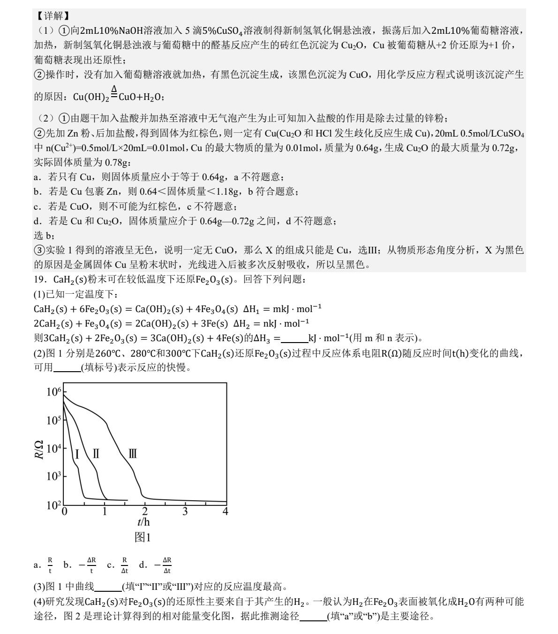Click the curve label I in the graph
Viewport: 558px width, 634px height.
coord(77,454)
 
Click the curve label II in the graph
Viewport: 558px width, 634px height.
coord(96,454)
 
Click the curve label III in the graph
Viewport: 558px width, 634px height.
coord(133,454)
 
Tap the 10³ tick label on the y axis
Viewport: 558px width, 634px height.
coord(54,476)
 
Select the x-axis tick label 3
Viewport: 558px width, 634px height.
coord(185,512)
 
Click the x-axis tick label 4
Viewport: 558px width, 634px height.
coord(225,512)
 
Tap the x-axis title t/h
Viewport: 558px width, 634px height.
coord(144,522)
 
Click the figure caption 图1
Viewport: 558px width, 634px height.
coord(143,537)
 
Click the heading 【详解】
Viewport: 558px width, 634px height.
coord(50,16)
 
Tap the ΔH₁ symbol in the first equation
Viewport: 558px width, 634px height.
coord(251,309)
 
